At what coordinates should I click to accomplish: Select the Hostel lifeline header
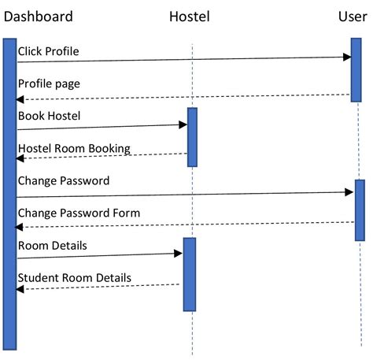[190, 16]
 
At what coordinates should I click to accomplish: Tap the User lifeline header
[352, 16]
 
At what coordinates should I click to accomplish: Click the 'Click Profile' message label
[48, 51]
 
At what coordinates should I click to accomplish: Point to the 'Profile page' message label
[49, 83]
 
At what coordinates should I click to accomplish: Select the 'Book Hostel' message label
[50, 116]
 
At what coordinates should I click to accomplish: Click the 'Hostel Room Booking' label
[74, 148]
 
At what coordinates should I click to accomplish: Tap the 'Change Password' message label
[64, 180]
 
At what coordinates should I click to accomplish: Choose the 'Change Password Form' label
[79, 213]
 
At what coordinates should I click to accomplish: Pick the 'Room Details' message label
[53, 246]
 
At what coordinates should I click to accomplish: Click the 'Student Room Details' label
[75, 277]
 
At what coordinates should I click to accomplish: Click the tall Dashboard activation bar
[9, 193]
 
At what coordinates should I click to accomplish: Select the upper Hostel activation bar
[192, 137]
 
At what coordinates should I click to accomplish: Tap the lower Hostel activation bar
[190, 274]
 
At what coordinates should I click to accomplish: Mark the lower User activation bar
[360, 210]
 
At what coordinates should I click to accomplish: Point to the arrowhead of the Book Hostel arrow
[183, 124]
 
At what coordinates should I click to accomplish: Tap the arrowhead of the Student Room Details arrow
[20, 289]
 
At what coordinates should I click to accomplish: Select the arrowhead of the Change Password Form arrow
[20, 227]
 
